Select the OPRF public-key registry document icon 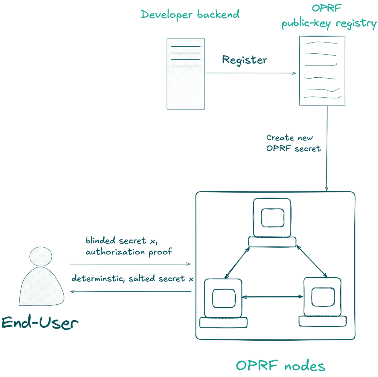click(x=322, y=71)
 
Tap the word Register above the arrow click(x=245, y=60)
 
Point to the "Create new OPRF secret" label click(x=293, y=143)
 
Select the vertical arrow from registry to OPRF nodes click(x=327, y=148)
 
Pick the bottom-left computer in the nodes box click(x=223, y=303)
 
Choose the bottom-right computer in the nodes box click(x=322, y=301)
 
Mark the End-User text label click(x=40, y=323)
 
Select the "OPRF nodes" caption click(x=280, y=366)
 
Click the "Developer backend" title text click(x=190, y=14)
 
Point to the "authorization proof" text click(x=129, y=252)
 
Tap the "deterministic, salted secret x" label click(x=133, y=278)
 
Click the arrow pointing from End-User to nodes click(x=130, y=264)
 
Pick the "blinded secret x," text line click(x=121, y=241)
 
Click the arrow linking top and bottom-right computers click(x=312, y=261)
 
